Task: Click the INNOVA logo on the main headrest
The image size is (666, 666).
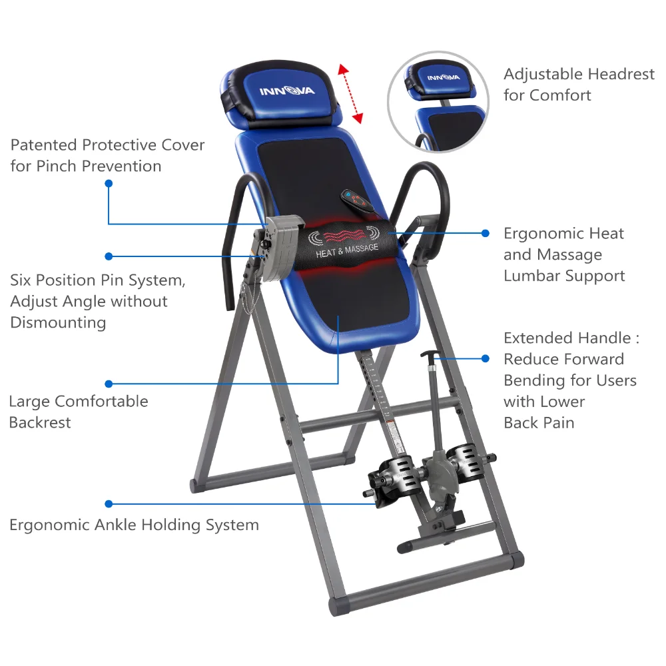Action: (x=287, y=91)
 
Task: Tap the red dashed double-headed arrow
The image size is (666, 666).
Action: (x=350, y=94)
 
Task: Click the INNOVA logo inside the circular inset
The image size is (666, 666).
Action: (x=444, y=78)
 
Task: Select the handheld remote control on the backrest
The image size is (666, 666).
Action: (x=358, y=200)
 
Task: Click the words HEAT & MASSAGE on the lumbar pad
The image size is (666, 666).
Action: (x=347, y=250)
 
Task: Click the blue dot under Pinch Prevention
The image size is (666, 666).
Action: (x=109, y=184)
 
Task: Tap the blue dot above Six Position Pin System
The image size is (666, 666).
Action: (x=109, y=256)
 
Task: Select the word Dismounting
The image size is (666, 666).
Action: (x=58, y=322)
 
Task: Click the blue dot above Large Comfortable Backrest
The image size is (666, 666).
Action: (x=109, y=384)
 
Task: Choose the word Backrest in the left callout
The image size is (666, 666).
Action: (x=40, y=423)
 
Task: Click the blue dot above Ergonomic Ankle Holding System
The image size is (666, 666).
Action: (x=109, y=503)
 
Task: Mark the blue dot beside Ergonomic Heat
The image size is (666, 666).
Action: (x=485, y=233)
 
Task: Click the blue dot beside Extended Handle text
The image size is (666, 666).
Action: (x=485, y=358)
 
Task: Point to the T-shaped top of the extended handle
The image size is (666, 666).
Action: (x=430, y=355)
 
